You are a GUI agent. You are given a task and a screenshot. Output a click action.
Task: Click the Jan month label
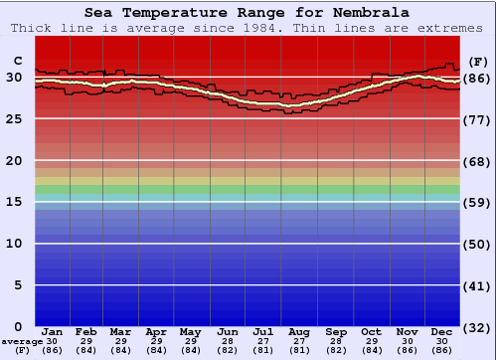tap(53, 331)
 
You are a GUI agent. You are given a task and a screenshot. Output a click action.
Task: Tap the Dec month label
tap(442, 331)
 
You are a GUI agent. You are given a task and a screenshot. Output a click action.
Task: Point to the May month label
tap(192, 331)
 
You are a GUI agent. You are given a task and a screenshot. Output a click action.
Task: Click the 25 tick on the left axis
tap(15, 118)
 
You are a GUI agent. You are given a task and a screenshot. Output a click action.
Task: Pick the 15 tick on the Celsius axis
tap(15, 202)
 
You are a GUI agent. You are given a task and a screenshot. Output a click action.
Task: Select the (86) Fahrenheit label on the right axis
tap(478, 78)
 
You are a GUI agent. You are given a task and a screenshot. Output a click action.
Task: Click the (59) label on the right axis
tap(478, 202)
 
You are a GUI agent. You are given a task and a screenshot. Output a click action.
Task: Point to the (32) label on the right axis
tap(478, 327)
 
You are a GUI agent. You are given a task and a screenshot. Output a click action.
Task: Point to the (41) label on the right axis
tap(478, 285)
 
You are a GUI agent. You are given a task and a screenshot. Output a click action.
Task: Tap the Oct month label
tap(371, 331)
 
